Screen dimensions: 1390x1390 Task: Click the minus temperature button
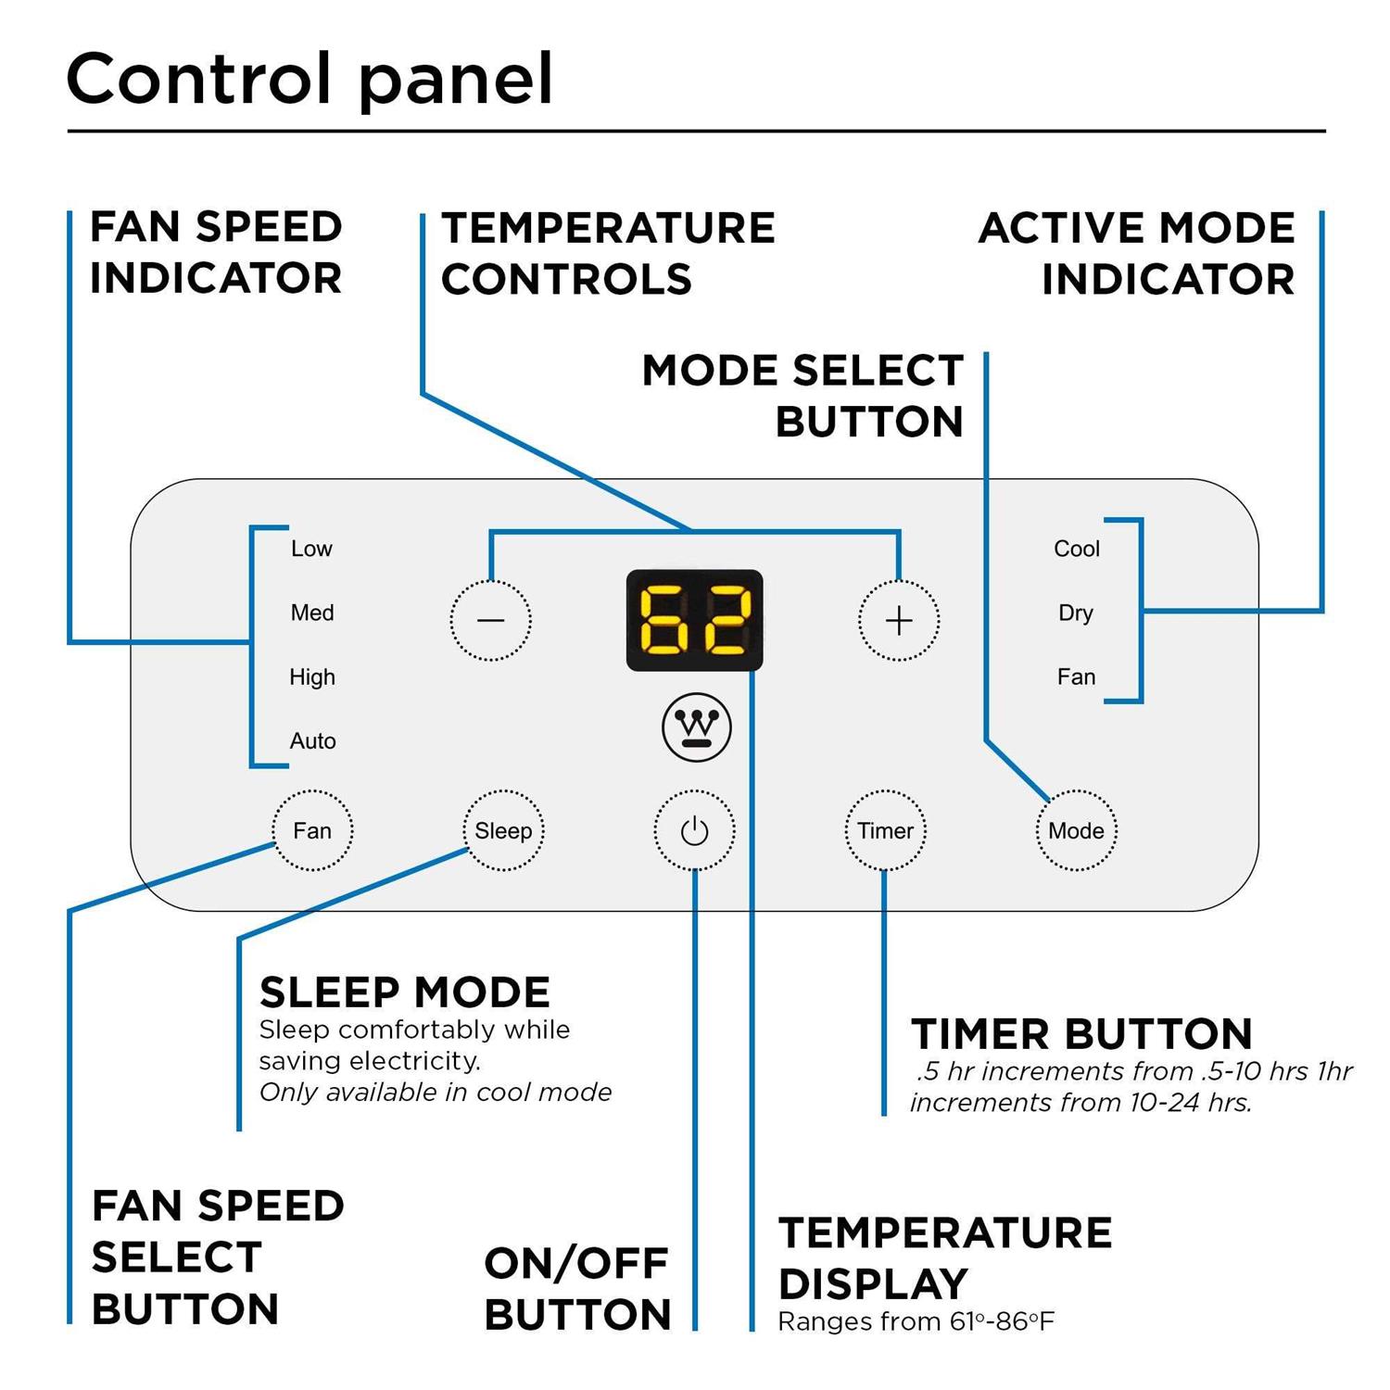coord(490,620)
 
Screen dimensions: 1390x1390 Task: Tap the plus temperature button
coord(898,620)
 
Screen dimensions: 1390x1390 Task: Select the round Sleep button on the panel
coord(503,830)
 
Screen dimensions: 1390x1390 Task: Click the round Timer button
coord(885,830)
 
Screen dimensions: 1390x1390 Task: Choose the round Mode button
coord(1076,830)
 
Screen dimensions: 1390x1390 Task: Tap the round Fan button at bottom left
coord(312,830)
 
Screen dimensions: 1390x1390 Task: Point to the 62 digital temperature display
coord(694,620)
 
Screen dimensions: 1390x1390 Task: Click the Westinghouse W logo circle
coord(696,727)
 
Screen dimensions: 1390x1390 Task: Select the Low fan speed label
coord(311,549)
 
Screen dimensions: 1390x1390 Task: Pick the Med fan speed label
coord(312,613)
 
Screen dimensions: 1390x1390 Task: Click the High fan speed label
coord(312,677)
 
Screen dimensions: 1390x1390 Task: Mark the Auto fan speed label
coord(312,741)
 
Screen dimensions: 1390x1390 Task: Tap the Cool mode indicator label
coord(1076,549)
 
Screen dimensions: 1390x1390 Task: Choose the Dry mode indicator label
coord(1076,613)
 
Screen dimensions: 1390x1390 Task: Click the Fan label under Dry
coord(1076,677)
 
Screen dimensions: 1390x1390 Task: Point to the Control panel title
coord(310,80)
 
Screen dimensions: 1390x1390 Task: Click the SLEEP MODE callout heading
coord(405,992)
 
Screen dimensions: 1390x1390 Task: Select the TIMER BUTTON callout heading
coord(1081,1034)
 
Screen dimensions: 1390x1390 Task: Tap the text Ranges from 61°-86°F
coord(916,1321)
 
